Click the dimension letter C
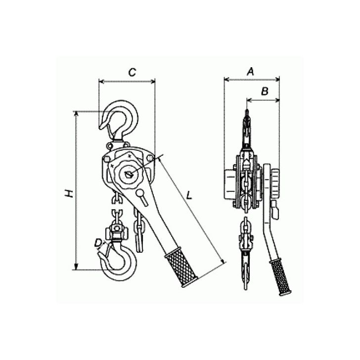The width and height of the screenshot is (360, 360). tap(131, 72)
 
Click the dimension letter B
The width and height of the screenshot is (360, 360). tap(264, 91)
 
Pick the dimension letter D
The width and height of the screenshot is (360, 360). tap(99, 242)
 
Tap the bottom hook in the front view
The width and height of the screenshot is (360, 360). tap(119, 260)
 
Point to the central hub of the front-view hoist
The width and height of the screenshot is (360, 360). tap(129, 174)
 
